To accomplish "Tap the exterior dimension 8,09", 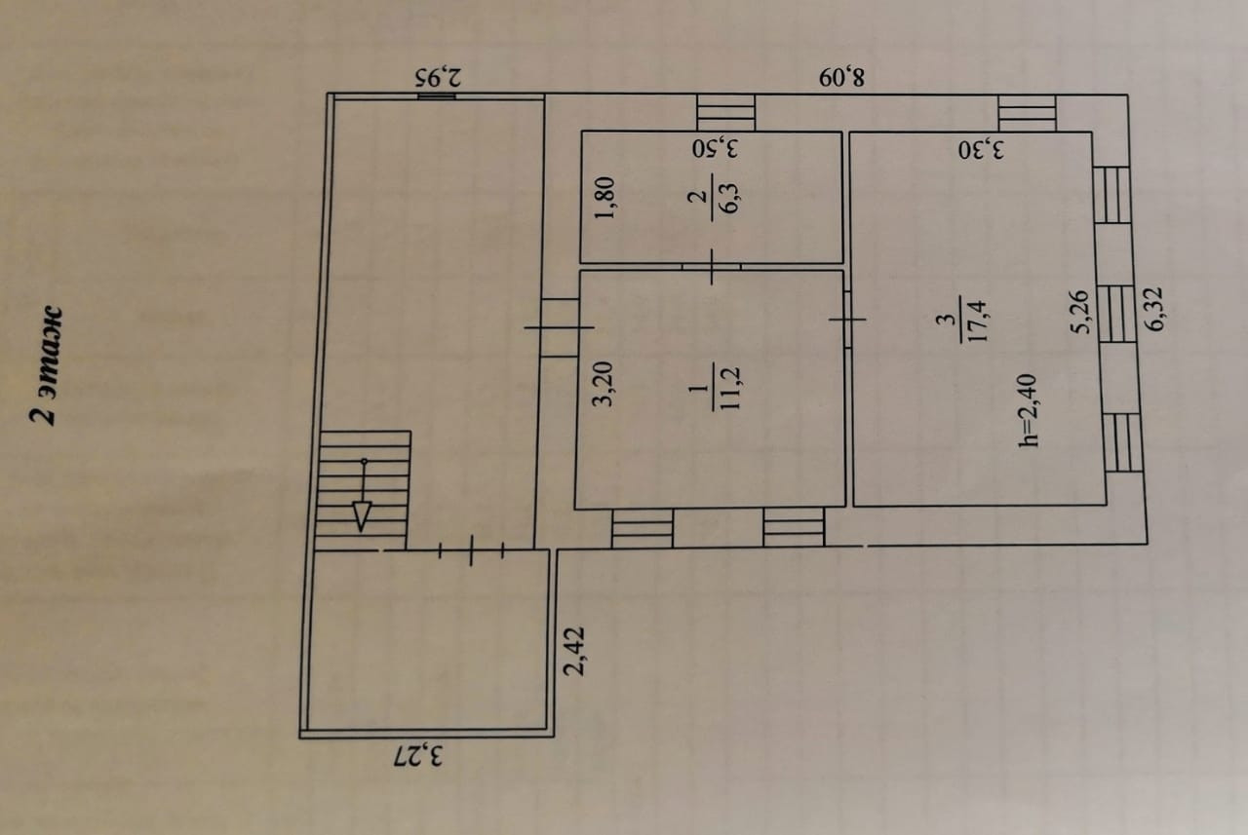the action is [841, 77].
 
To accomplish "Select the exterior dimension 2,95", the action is [439, 77].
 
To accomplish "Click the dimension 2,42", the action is [574, 651].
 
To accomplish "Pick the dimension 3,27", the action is [418, 756].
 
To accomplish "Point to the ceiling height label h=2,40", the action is [1028, 410].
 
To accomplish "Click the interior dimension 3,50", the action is [716, 148].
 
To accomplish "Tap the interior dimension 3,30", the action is [981, 150].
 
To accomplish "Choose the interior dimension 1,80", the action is [604, 198].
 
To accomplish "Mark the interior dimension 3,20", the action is [603, 384].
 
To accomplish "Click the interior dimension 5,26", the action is [1079, 313].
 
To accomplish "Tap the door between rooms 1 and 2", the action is [712, 267].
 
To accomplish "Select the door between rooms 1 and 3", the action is [847, 320].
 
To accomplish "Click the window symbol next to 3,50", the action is [726, 113].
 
